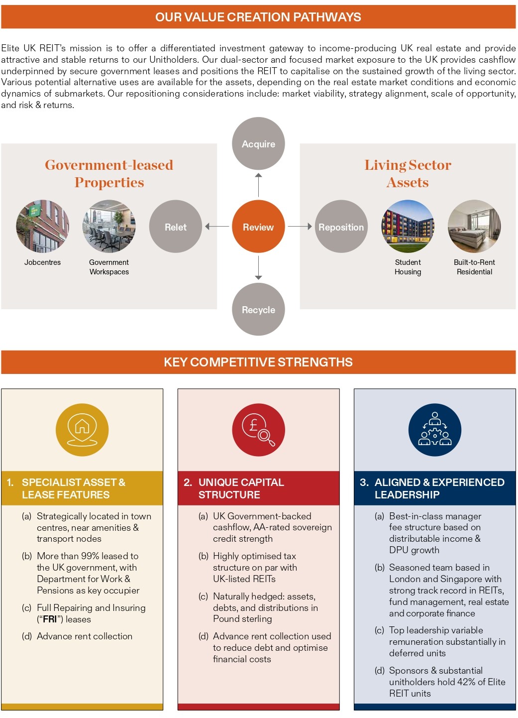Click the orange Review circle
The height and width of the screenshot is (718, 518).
pos(258,227)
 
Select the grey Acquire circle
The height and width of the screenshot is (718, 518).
pos(258,144)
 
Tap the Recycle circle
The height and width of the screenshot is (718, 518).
pos(258,310)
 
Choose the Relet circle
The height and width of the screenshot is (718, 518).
pos(176,227)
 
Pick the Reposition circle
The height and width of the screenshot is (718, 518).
pos(341,227)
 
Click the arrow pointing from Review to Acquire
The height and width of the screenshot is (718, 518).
pos(258,185)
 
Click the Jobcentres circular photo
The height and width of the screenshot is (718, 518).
pos(43,227)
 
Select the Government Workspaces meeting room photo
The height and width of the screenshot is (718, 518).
pos(109,227)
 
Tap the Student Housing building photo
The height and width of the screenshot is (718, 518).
pos(408,227)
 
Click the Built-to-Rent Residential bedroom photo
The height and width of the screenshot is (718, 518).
pos(474,227)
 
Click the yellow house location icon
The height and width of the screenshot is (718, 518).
pos(82,430)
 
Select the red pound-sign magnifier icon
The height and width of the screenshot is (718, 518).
pos(258,430)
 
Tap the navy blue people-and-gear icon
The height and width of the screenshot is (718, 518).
pos(435,430)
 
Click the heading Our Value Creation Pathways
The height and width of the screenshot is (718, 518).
pos(258,17)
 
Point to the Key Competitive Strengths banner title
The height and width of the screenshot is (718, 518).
pos(258,362)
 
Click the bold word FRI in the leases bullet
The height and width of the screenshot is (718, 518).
pos(50,619)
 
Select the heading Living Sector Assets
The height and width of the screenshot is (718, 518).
pos(408,173)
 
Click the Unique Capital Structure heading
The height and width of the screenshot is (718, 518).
pos(241,488)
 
